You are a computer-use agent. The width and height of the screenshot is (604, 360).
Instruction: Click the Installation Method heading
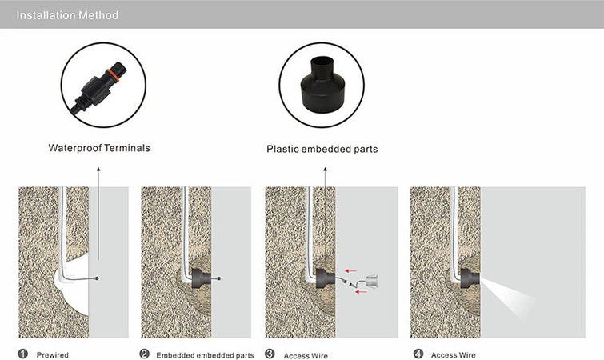(x=67, y=15)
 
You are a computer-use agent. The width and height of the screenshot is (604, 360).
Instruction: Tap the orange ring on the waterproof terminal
(x=113, y=75)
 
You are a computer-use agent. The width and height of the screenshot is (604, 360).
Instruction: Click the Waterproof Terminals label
(x=99, y=148)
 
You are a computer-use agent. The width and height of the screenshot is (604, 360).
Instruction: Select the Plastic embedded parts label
(x=322, y=149)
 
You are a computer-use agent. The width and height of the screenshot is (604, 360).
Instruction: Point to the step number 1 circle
(x=23, y=354)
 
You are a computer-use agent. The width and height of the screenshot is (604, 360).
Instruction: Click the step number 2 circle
(x=145, y=354)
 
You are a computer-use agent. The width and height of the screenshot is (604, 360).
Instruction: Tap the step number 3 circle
(x=270, y=354)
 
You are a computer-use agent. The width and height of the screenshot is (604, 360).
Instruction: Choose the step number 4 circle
(x=418, y=354)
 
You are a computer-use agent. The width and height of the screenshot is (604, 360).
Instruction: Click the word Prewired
(x=52, y=355)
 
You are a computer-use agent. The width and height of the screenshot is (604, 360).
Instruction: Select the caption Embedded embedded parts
(x=205, y=355)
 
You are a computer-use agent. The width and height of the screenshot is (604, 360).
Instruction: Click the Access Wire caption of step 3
(x=306, y=356)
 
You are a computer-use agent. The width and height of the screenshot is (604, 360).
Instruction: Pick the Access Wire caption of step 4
(x=454, y=355)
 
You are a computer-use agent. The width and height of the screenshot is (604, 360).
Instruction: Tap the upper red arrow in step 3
(x=350, y=270)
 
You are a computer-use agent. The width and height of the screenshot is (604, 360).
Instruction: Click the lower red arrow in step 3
(x=361, y=292)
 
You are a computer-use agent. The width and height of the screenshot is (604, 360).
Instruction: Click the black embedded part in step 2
(x=201, y=278)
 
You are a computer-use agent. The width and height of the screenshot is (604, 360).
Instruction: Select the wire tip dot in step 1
(x=97, y=278)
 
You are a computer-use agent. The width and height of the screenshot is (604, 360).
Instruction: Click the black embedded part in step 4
(x=470, y=278)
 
